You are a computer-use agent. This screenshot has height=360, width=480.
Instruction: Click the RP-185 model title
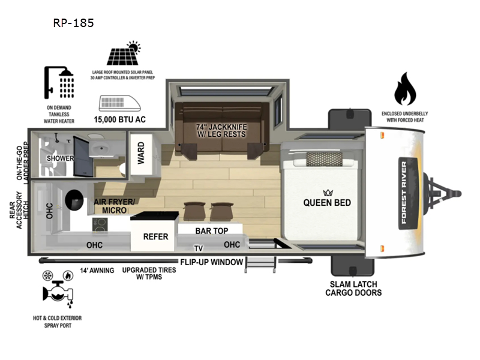[73, 23]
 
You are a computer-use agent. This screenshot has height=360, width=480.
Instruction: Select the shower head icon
[59, 83]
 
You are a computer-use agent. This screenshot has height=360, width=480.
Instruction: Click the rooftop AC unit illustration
[119, 103]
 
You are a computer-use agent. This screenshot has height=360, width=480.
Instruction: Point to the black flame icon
[405, 89]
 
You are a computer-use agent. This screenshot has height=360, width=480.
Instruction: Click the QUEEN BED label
[327, 203]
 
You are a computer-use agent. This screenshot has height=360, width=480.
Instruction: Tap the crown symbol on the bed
[328, 193]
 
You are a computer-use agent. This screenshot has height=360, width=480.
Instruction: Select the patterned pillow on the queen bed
[324, 159]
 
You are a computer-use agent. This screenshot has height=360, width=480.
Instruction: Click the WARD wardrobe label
[141, 153]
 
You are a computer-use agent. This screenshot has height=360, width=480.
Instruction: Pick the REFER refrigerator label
[155, 236]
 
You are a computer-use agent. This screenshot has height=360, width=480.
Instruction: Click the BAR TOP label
[212, 231]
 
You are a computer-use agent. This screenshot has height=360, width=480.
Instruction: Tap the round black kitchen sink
[74, 200]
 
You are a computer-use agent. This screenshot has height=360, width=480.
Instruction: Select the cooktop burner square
[100, 225]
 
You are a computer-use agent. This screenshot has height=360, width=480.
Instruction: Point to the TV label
[199, 248]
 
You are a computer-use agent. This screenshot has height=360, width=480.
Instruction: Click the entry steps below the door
[261, 265]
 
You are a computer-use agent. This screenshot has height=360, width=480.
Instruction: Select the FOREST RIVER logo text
[404, 193]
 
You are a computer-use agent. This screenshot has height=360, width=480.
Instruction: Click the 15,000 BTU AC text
[119, 119]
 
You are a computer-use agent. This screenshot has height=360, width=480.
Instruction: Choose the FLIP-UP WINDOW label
[212, 262]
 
